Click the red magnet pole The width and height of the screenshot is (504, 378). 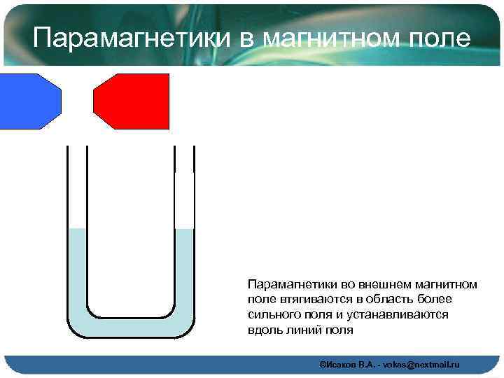point(134,101)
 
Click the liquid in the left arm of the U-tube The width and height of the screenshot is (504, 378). point(77,273)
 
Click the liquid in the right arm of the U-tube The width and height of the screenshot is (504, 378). point(184,273)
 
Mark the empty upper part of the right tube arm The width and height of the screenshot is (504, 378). point(184,189)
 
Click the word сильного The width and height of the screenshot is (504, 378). point(274,315)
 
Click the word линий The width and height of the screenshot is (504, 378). point(303,330)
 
